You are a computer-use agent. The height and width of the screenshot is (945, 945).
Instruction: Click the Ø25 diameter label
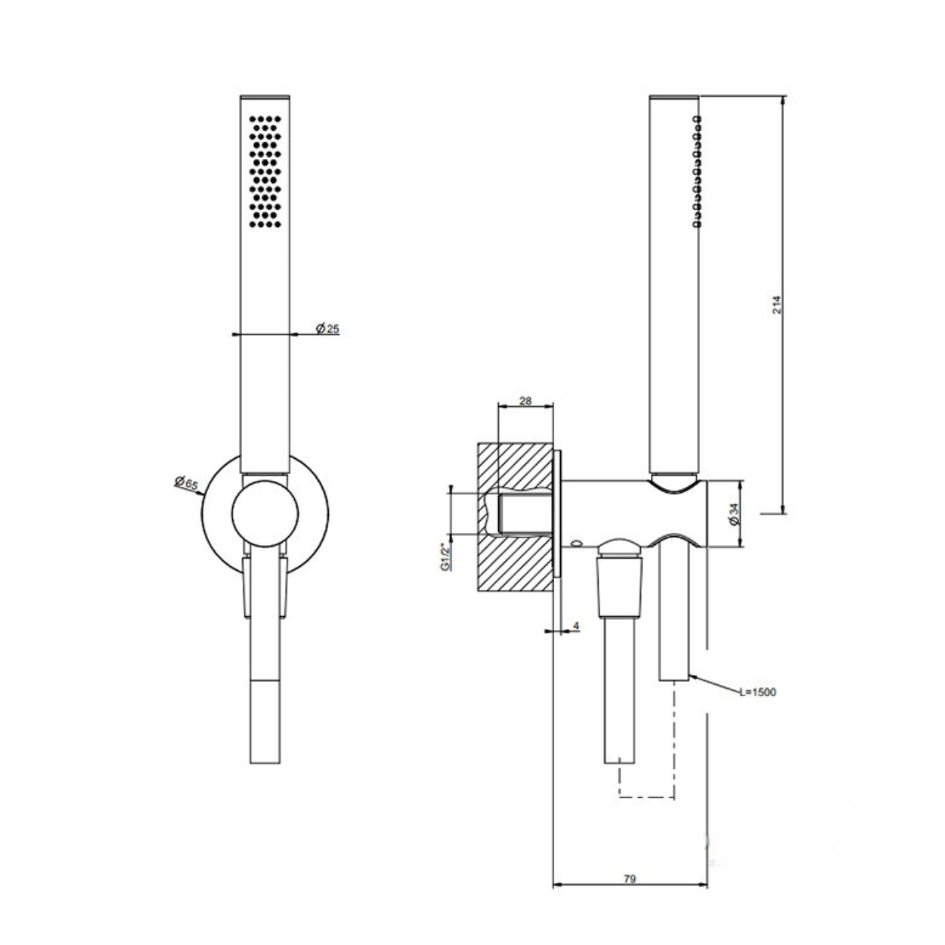tap(327, 328)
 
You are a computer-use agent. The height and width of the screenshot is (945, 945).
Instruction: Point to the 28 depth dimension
tap(525, 401)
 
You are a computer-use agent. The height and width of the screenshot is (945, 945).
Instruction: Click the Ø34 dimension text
tap(734, 514)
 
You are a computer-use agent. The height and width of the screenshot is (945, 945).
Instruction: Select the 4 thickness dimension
tap(576, 626)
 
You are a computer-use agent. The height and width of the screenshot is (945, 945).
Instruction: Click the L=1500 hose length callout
tap(758, 692)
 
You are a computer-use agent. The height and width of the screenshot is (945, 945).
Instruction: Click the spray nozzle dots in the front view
tap(265, 172)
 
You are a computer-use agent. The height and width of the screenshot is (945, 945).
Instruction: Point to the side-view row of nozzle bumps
tap(696, 172)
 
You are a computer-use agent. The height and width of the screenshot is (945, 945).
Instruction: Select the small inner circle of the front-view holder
tap(265, 513)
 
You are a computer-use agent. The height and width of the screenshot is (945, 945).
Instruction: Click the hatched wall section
tap(515, 517)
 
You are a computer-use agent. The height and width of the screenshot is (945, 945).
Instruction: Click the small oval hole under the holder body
tap(577, 543)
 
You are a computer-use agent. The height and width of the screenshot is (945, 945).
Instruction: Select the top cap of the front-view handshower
tap(265, 97)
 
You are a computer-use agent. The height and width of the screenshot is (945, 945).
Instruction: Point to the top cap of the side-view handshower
tap(674, 97)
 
